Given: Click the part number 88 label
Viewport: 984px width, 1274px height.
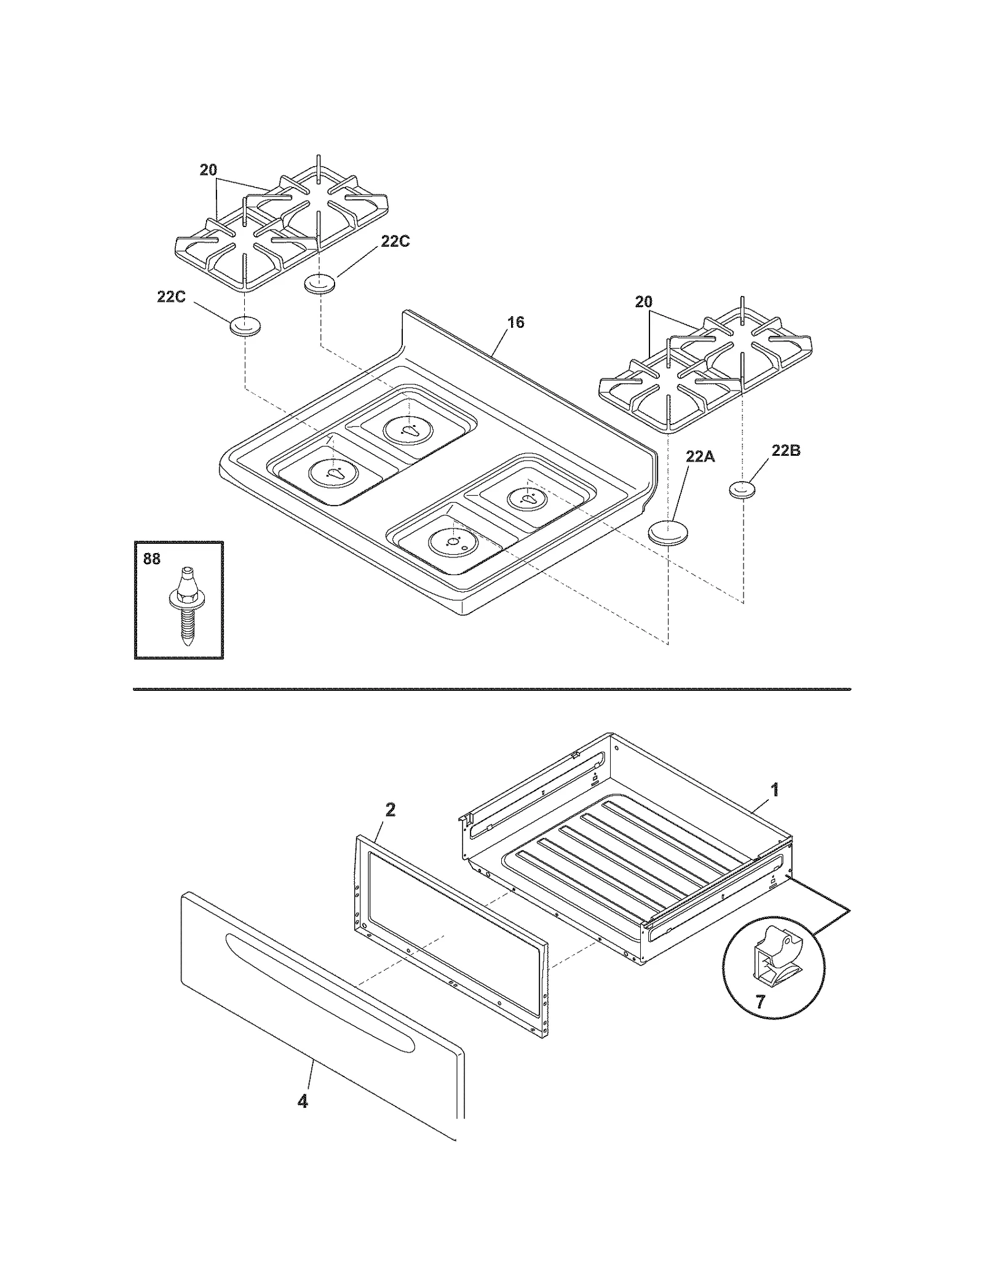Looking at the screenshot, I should (151, 559).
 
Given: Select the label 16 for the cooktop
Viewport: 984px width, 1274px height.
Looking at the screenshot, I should (516, 322).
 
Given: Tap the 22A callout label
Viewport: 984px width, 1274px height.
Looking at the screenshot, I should (700, 456).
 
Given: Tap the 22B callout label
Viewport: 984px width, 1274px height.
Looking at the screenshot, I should (785, 451).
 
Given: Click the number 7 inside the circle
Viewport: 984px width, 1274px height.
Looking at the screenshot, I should (760, 1002).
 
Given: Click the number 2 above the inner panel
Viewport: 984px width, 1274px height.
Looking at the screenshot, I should (390, 810).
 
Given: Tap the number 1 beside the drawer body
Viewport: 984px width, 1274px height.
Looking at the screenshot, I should (775, 790).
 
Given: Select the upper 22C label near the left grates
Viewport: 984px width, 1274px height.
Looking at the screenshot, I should (394, 242).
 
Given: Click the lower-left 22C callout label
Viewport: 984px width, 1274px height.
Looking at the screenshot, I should (171, 297).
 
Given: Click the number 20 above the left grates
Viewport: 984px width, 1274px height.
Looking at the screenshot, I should (208, 170).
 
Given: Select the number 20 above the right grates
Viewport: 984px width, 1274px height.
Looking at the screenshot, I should (643, 302).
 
